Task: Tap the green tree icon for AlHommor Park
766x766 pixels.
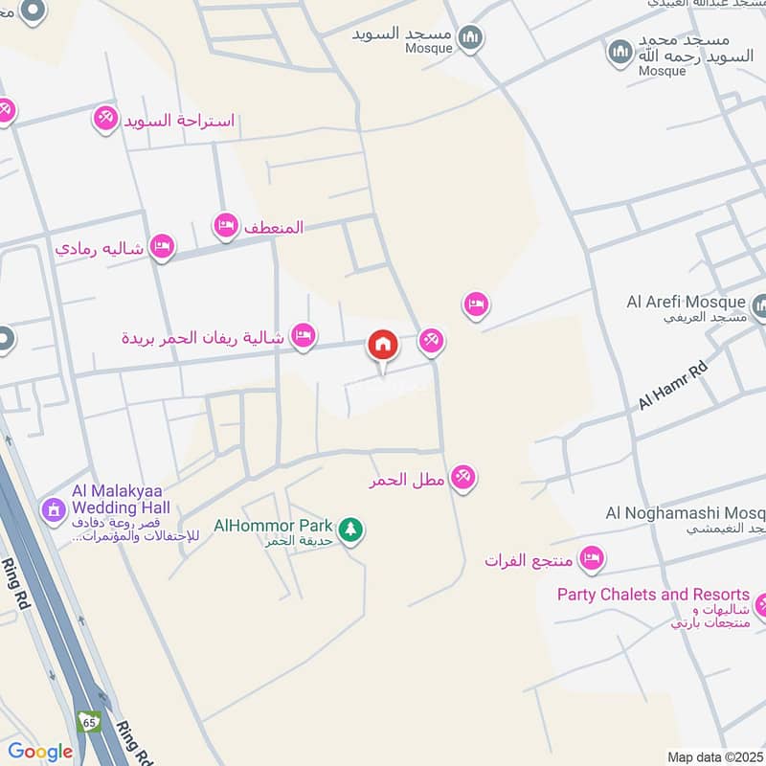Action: [351, 529]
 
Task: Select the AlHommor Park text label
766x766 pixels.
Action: [273, 526]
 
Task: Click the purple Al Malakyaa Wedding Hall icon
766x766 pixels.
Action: [52, 508]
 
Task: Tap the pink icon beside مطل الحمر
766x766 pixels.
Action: [463, 477]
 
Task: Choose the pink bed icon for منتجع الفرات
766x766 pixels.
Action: [592, 557]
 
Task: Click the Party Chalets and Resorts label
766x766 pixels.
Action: [654, 595]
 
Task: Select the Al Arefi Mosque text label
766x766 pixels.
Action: [686, 303]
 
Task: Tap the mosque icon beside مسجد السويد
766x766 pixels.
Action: [470, 38]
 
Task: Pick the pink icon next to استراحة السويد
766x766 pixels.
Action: [104, 119]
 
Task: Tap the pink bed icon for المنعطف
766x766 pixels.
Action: [225, 226]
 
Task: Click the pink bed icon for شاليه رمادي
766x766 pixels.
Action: [163, 247]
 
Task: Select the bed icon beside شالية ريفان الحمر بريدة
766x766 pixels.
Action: [304, 335]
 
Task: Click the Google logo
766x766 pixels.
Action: [40, 752]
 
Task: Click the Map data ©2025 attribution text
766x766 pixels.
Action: [713, 756]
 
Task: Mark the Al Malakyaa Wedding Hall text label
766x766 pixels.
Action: [120, 498]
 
